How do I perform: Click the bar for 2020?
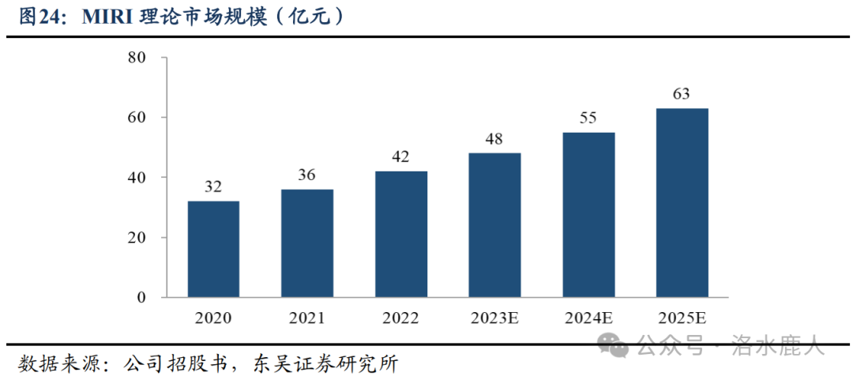[x=213, y=249]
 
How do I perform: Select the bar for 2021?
[x=307, y=243]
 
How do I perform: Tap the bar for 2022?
[x=401, y=234]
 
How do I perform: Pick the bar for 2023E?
[x=494, y=225]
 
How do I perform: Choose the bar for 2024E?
[x=588, y=215]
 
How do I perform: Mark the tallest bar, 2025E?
[x=682, y=202]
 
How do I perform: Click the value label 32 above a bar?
[x=213, y=187]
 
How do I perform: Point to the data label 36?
[x=307, y=175]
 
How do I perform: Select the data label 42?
[x=401, y=157]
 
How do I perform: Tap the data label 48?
[x=494, y=139]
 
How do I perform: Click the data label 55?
[x=588, y=119]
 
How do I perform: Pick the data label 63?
[x=682, y=94]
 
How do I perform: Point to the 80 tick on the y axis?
[x=136, y=58]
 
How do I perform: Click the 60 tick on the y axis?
[x=136, y=118]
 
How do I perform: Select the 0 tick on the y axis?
[x=141, y=298]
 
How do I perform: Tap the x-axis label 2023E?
[x=494, y=318]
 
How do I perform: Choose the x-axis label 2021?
[x=307, y=318]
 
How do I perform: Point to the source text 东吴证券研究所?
[x=325, y=364]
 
